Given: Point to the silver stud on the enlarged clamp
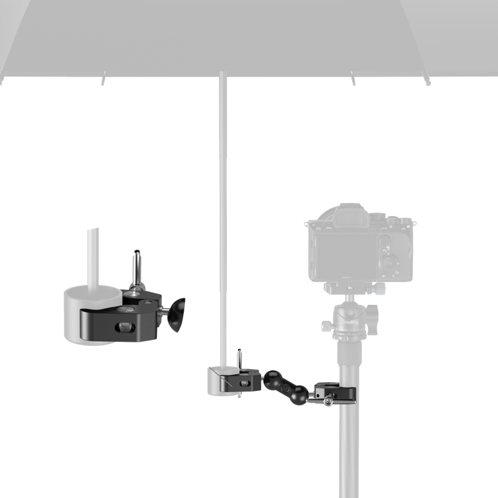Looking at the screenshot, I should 135,268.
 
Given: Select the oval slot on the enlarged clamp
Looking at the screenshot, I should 125,326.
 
